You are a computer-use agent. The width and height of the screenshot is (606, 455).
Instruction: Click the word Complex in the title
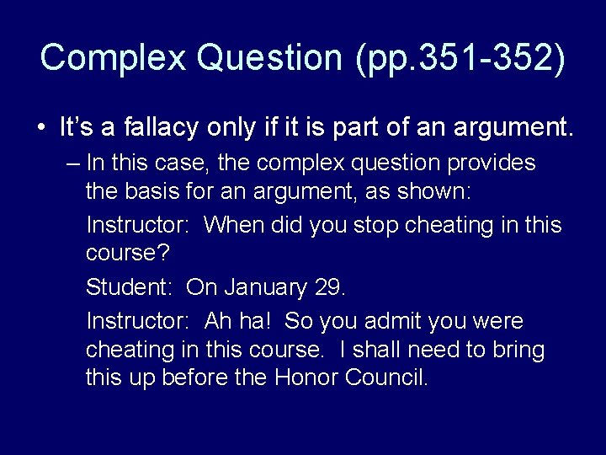(x=112, y=58)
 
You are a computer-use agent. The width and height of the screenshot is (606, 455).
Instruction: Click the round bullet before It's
(x=41, y=129)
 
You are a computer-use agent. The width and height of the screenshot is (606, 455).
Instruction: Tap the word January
(x=265, y=287)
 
